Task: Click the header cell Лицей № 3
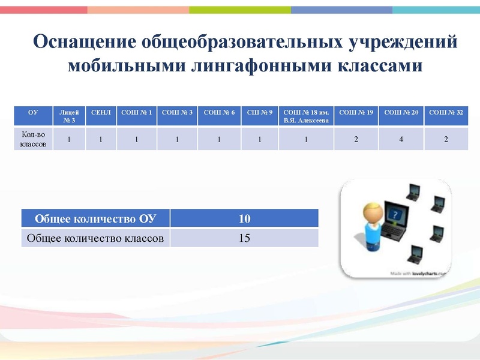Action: tap(69, 116)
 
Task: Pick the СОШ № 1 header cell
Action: tap(137, 112)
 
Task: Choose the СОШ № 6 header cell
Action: tap(219, 112)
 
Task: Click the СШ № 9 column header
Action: tap(260, 112)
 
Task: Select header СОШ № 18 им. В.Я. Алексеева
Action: tap(306, 116)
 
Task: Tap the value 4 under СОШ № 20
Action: tap(401, 139)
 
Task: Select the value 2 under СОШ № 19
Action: tap(356, 139)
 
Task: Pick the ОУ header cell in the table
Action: tap(33, 112)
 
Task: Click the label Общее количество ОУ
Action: tap(95, 218)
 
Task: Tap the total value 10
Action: tap(244, 218)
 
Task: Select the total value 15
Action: tap(244, 238)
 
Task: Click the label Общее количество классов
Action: tap(95, 238)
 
